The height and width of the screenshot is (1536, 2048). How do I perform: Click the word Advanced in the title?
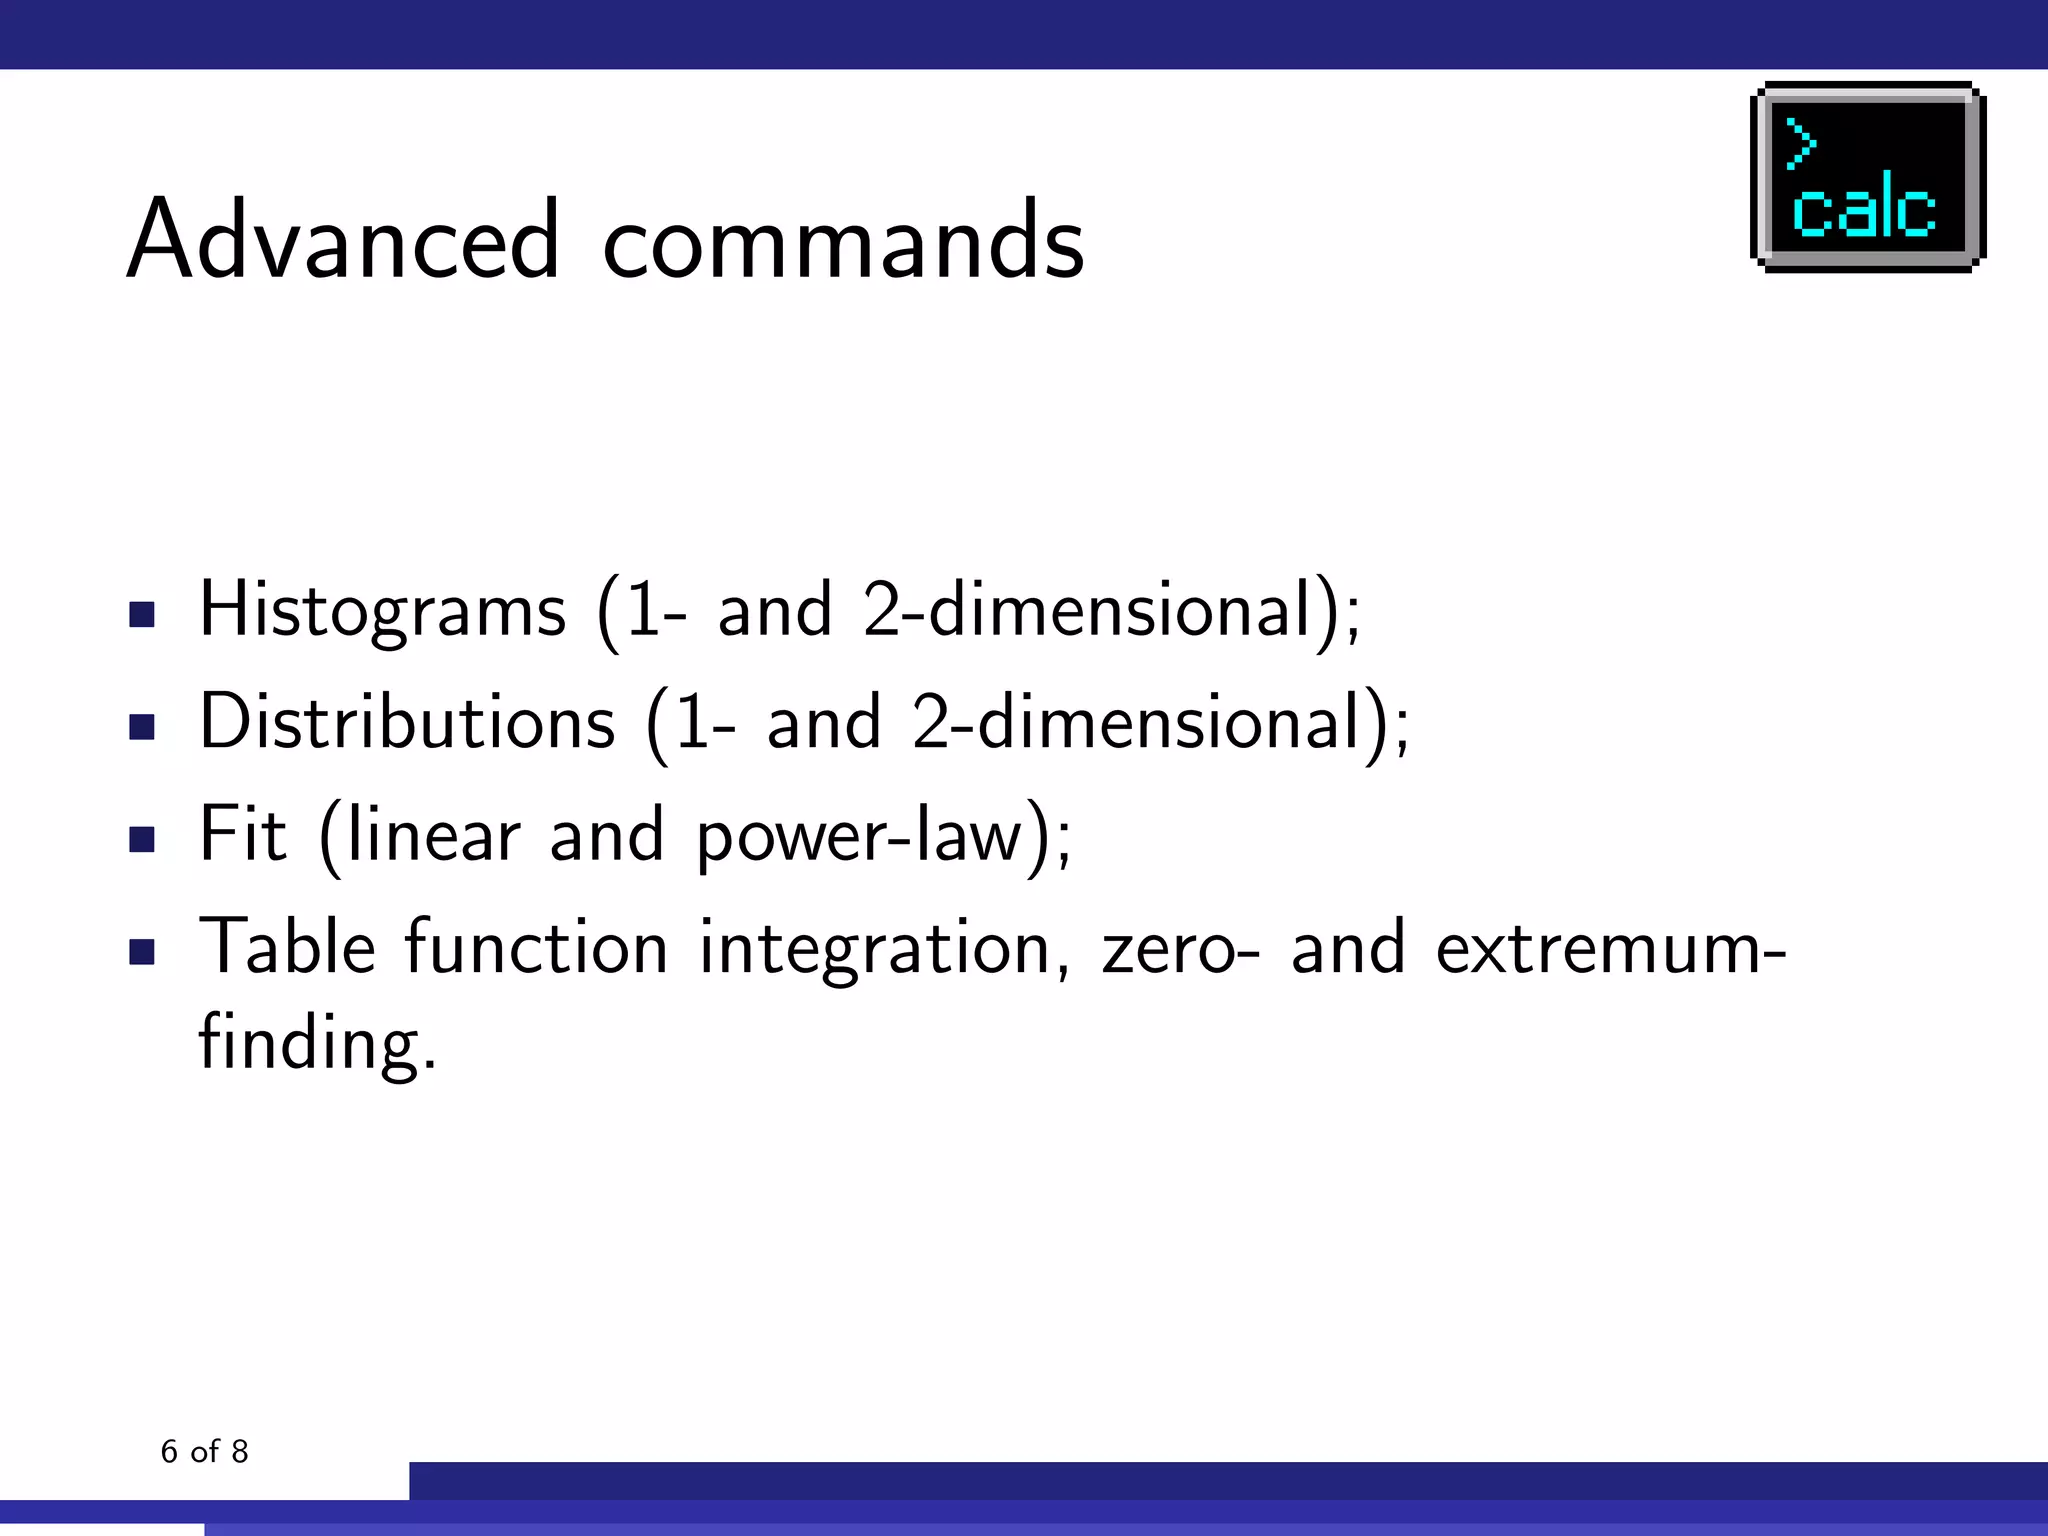click(343, 240)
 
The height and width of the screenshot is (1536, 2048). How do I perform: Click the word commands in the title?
click(843, 240)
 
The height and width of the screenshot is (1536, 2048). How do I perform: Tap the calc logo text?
click(1863, 208)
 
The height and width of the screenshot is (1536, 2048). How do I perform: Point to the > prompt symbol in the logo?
click(1800, 143)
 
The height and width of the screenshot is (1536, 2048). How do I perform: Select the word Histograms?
click(382, 610)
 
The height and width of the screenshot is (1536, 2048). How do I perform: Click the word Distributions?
click(407, 722)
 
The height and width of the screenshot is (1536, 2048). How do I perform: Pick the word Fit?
click(242, 834)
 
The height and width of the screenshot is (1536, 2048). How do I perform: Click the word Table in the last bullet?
click(288, 946)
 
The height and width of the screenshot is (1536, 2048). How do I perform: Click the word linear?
click(433, 834)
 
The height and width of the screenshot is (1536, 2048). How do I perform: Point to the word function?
click(536, 946)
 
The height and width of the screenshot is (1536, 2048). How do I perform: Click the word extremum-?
click(1610, 948)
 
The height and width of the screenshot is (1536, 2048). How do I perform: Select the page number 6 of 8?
click(204, 1451)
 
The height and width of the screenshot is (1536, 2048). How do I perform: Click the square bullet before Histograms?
click(142, 614)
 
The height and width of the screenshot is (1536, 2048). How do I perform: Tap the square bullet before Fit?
click(142, 838)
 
